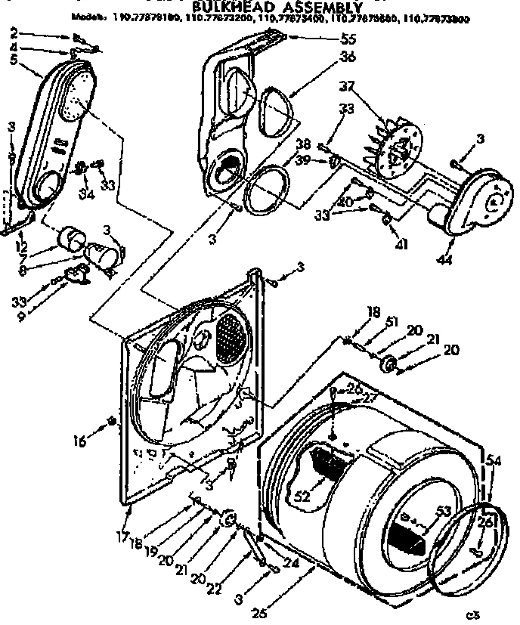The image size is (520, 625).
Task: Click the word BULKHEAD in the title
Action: click(223, 7)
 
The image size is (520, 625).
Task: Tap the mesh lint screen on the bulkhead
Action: click(234, 336)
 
